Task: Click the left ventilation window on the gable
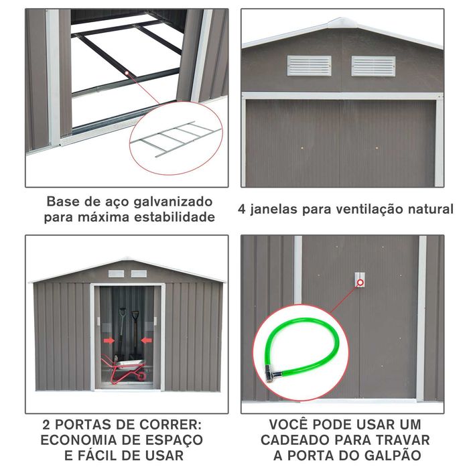pos(309,66)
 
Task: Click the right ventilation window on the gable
pos(373,66)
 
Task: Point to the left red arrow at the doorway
pos(109,340)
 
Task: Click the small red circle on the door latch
pos(360,282)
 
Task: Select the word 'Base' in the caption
pos(62,202)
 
